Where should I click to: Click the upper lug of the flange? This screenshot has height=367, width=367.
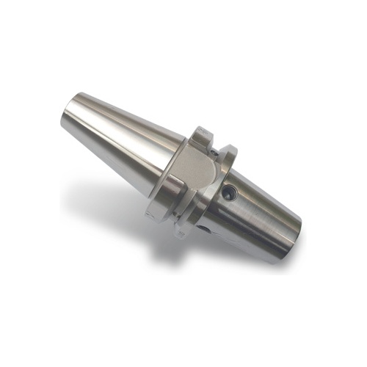tap(200, 137)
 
